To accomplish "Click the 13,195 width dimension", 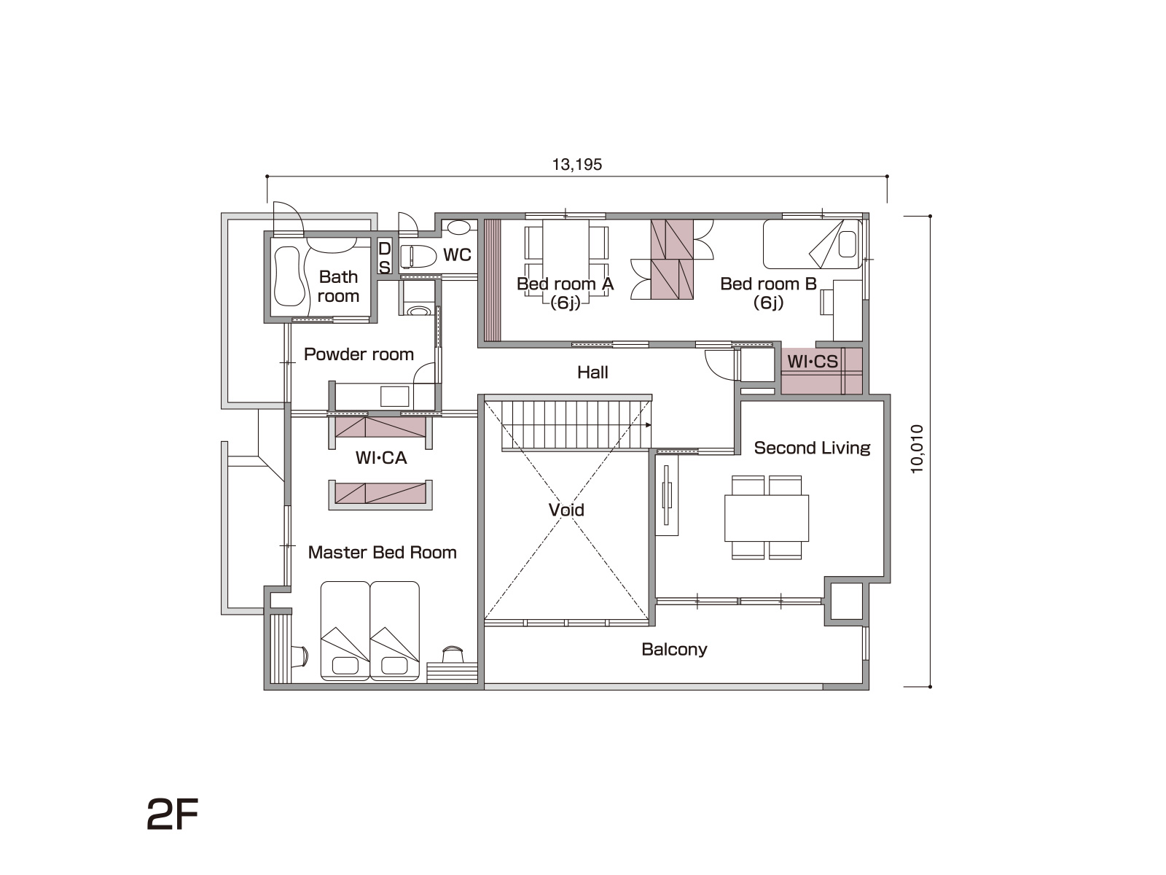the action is click(577, 164).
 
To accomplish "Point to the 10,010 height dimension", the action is click(917, 449).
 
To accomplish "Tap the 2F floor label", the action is click(172, 814).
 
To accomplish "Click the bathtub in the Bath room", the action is click(290, 276).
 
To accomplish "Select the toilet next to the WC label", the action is click(418, 255).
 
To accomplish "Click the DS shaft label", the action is click(384, 257).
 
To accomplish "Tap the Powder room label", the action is click(359, 354).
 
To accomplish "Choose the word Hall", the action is click(592, 373).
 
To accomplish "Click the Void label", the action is click(566, 510).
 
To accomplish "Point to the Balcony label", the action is click(674, 649).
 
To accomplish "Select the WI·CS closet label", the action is click(813, 361).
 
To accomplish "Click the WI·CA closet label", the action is click(381, 457).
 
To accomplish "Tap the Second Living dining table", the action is click(767, 518).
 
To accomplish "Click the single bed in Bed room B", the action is click(813, 244).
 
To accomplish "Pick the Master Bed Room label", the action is click(382, 553).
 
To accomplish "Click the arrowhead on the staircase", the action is click(648, 425).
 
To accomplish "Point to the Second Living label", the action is click(812, 448).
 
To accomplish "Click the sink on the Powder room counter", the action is click(395, 397).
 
